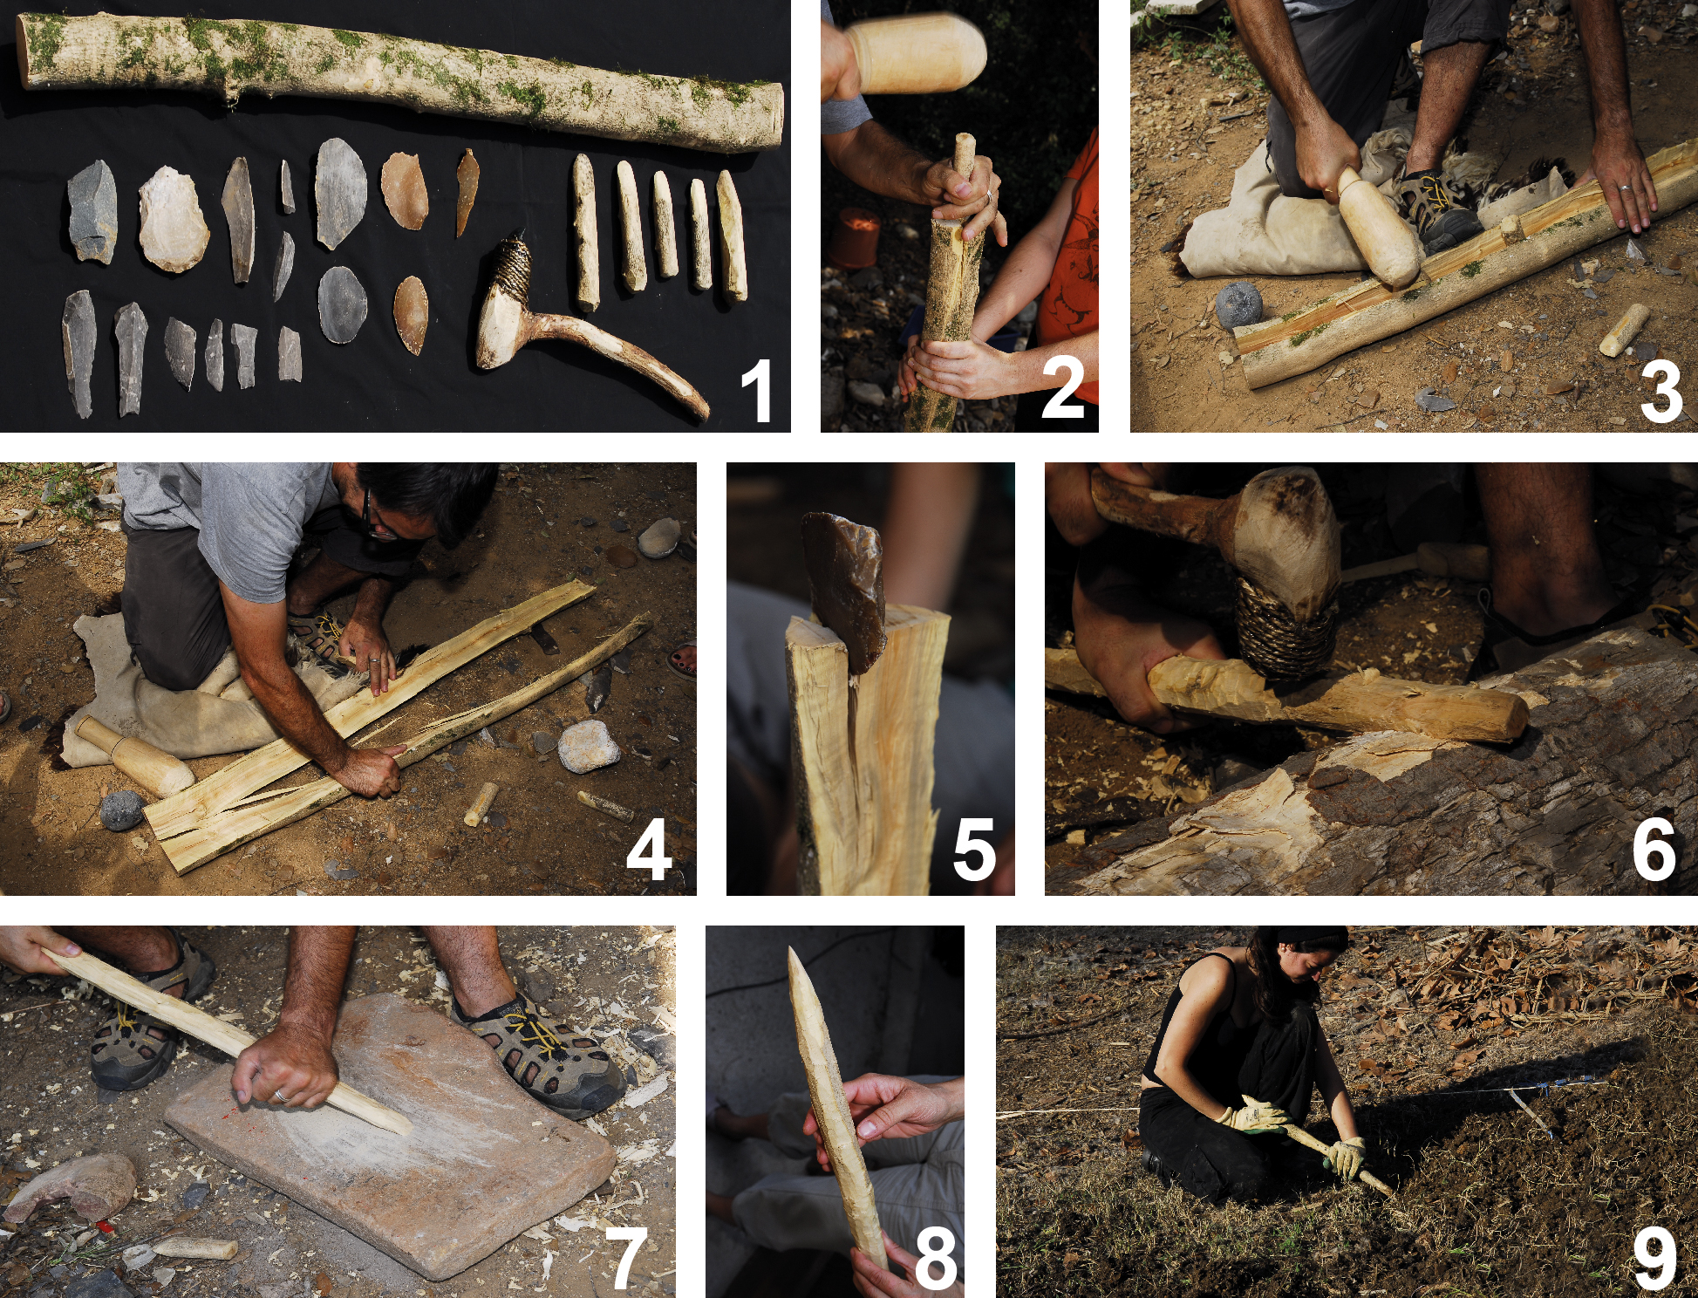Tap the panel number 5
click(974, 850)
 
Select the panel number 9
click(1654, 1258)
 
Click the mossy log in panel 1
click(399, 79)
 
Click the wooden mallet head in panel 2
click(916, 52)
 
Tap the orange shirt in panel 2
click(1066, 253)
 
